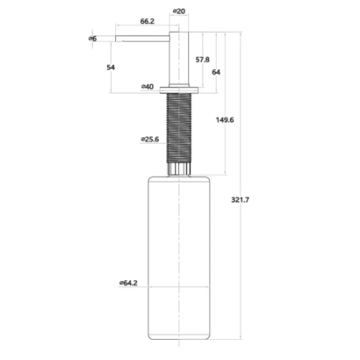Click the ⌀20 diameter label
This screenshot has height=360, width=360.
[x=179, y=11]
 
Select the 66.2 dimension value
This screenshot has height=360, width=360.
[x=148, y=21]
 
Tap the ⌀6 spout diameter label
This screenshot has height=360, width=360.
[x=92, y=39]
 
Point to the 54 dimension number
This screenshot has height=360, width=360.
[x=111, y=68]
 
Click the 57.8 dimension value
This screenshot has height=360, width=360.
[x=203, y=60]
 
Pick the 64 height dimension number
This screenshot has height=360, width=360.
[x=216, y=72]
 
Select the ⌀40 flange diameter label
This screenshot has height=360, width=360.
[x=148, y=87]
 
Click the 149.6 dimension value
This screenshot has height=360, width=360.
[x=225, y=120]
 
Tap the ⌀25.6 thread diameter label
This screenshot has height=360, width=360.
[x=150, y=140]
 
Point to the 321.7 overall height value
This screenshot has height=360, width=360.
[x=241, y=200]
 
